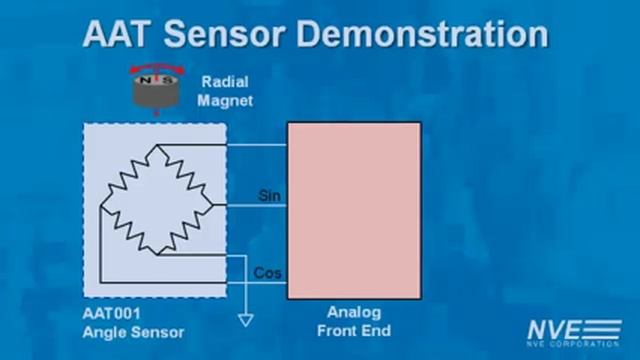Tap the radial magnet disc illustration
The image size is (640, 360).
click(x=154, y=91)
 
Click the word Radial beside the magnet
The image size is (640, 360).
click(x=224, y=83)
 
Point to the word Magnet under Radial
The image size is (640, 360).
click(x=224, y=101)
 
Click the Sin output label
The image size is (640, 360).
click(x=269, y=195)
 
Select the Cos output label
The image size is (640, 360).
click(x=267, y=272)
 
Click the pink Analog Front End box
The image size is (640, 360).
click(x=353, y=210)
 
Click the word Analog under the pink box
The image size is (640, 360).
click(x=354, y=313)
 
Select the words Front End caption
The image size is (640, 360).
click(x=354, y=331)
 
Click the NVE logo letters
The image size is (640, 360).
click(x=551, y=327)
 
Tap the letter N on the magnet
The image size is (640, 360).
click(x=144, y=77)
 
